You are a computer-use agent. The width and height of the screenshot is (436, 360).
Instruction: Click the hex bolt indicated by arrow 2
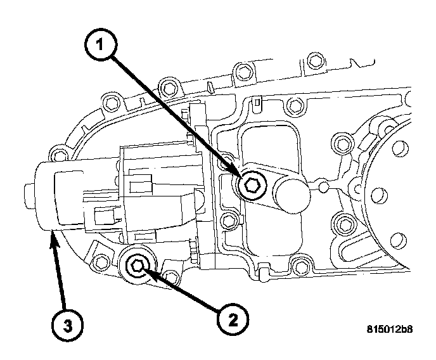[x=136, y=266]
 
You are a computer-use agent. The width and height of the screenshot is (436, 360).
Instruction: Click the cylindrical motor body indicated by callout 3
[x=48, y=196]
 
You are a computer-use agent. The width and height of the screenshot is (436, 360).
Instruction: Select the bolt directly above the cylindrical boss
[x=259, y=101]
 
